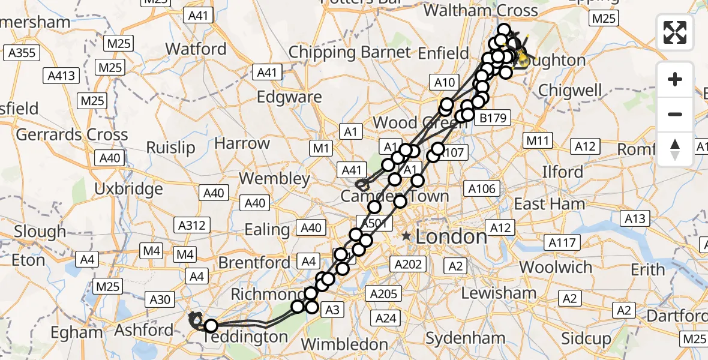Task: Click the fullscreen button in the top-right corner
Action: click(675, 32)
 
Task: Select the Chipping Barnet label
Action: click(350, 53)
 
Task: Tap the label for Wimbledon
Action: click(344, 344)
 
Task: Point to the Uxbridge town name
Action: click(128, 189)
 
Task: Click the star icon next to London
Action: click(407, 236)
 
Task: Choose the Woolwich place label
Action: click(555, 267)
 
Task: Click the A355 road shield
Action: click(23, 53)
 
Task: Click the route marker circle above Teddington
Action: click(211, 326)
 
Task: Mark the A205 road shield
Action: click(383, 293)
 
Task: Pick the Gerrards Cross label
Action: click(71, 134)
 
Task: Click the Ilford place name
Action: click(562, 172)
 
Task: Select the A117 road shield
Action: click(563, 242)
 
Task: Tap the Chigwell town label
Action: click(570, 91)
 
